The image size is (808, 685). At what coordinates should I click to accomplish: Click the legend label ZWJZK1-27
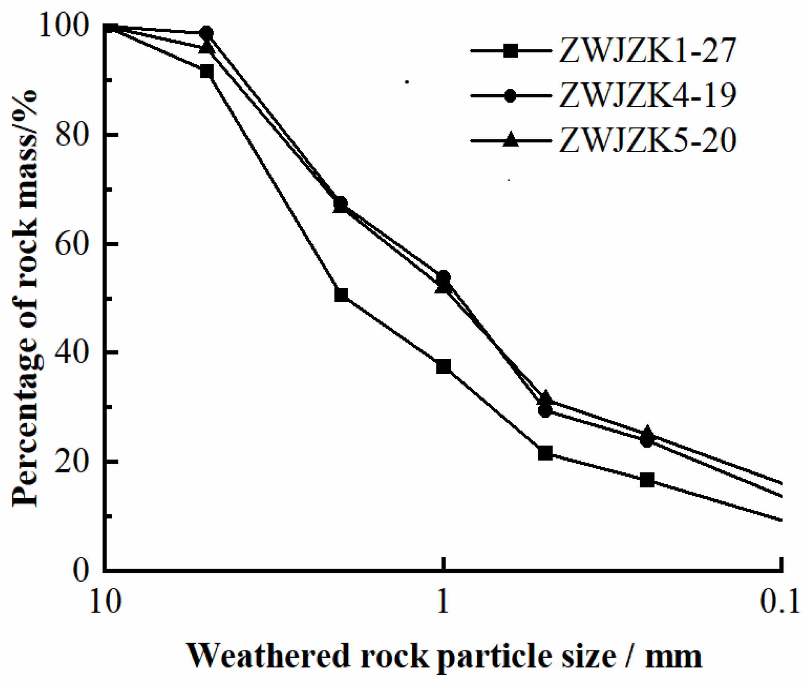647,51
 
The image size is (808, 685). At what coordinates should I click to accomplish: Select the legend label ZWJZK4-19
647,95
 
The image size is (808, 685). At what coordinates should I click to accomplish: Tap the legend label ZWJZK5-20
647,140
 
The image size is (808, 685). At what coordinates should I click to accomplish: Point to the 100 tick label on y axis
63,26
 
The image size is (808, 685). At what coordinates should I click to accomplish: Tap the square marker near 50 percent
341,295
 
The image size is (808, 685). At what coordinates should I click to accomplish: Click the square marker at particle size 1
443,366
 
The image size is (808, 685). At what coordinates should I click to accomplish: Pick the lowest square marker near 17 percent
647,480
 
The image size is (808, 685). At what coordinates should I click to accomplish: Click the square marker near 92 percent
206,72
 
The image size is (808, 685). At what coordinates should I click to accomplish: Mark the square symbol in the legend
511,51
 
